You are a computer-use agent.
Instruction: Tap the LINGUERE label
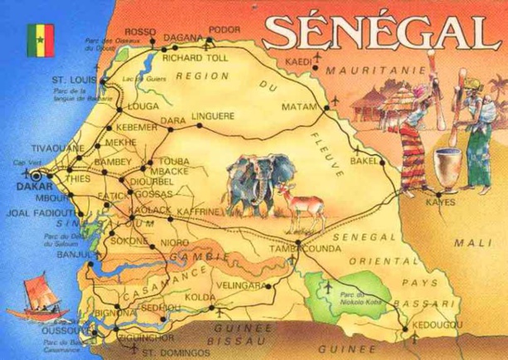[213, 116]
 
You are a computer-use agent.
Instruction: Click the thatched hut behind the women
[377, 108]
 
